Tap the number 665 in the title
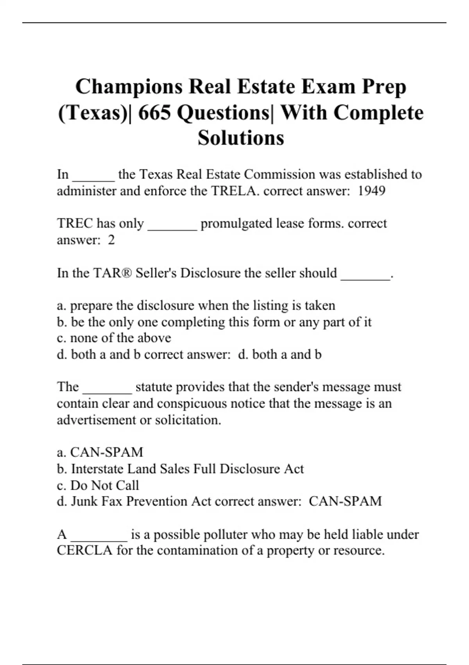click(154, 113)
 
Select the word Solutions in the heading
click(241, 138)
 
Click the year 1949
click(372, 191)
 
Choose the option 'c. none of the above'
click(114, 338)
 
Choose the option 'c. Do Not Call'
click(98, 485)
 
